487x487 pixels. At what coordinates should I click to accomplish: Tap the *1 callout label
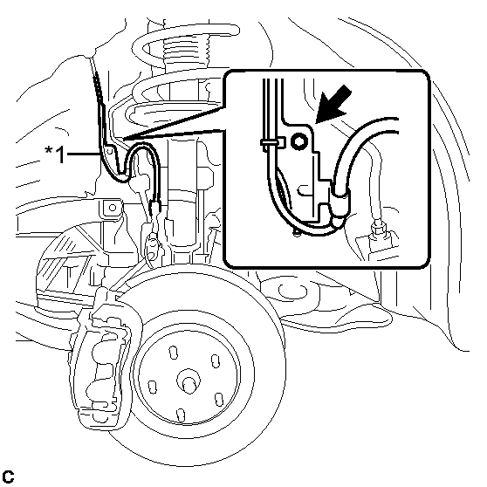[x=55, y=154]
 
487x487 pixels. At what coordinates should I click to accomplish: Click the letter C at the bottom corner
[x=8, y=477]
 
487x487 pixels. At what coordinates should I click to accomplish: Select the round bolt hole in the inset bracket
[x=298, y=141]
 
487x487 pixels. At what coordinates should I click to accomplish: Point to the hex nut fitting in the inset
[x=377, y=229]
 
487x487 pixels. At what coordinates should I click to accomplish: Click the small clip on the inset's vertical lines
[x=273, y=142]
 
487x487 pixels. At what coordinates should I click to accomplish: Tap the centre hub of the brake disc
[x=189, y=381]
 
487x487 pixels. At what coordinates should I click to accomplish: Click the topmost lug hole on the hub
[x=174, y=353]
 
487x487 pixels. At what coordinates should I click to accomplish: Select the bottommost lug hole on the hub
[x=181, y=415]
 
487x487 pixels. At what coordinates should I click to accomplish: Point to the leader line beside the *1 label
[x=84, y=154]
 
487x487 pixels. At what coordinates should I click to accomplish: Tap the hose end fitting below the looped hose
[x=154, y=208]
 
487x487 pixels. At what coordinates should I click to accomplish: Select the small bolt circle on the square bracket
[x=113, y=208]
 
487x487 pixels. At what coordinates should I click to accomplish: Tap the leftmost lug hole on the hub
[x=153, y=387]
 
